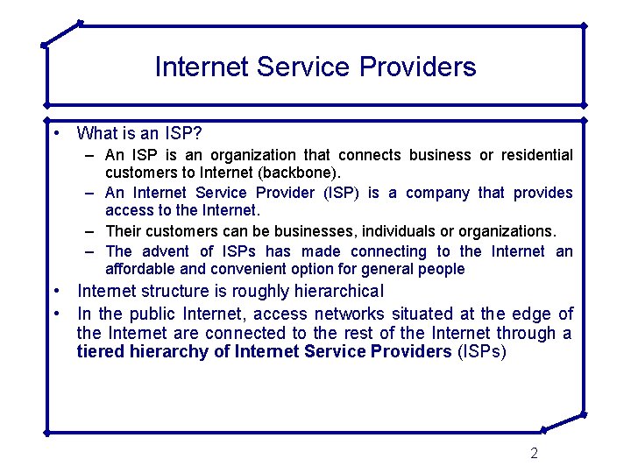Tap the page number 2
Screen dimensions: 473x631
534,453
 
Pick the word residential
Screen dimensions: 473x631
537,155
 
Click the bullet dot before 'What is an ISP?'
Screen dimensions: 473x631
55,134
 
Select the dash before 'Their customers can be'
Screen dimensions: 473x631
91,231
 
